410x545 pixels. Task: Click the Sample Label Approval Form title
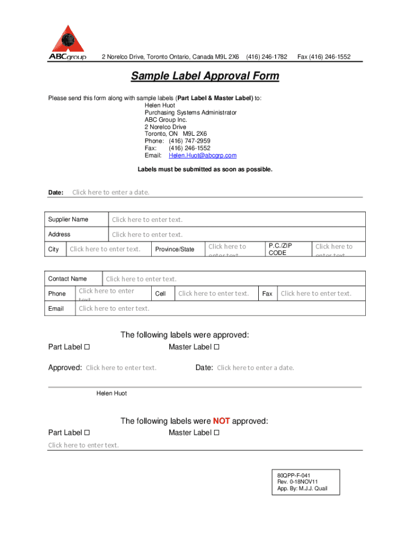click(x=205, y=76)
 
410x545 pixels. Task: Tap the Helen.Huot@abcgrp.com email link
click(x=202, y=155)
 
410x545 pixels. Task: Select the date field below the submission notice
click(x=111, y=192)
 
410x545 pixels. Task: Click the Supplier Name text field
click(x=147, y=220)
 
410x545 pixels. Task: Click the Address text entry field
click(x=147, y=235)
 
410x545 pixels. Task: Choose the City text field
click(x=105, y=249)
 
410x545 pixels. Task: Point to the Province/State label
click(x=175, y=250)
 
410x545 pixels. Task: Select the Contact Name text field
click(x=141, y=279)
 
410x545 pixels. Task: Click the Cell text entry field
click(x=214, y=293)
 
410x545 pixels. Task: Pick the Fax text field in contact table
click(x=316, y=293)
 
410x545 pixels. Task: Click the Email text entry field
click(x=114, y=309)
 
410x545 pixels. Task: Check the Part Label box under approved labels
click(x=87, y=348)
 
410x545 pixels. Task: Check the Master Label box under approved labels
click(x=216, y=348)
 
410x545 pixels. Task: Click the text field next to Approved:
click(x=121, y=368)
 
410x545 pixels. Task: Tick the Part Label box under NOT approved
click(x=87, y=433)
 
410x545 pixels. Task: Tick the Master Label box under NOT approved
click(x=216, y=433)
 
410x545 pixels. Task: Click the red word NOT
click(x=221, y=421)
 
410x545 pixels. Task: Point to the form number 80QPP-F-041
click(x=294, y=474)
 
